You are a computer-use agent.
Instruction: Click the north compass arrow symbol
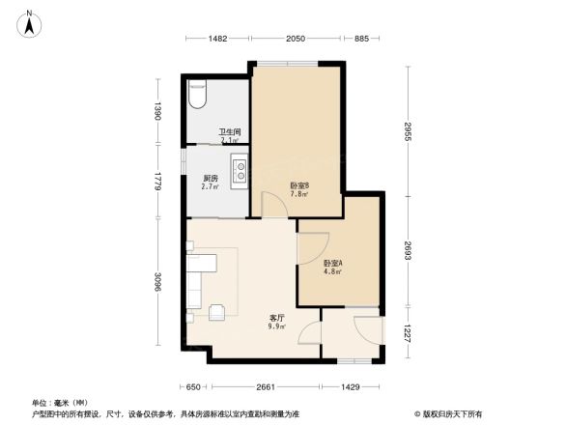click(x=30, y=23)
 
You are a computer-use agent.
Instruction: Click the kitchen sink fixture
click(x=238, y=172)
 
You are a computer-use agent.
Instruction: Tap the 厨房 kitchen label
click(x=211, y=178)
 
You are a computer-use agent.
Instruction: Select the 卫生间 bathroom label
click(x=230, y=132)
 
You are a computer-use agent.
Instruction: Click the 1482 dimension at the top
click(x=217, y=39)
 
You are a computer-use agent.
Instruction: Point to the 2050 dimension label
click(x=296, y=39)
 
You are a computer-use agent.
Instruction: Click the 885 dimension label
click(x=361, y=39)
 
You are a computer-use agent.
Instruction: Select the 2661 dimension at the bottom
click(x=267, y=386)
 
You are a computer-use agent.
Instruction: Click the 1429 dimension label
click(x=351, y=386)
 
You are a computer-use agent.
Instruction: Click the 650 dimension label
click(x=193, y=386)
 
